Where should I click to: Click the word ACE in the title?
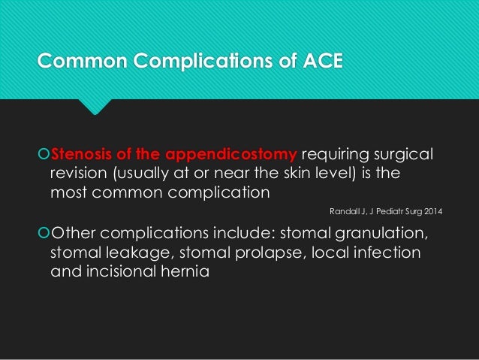click(x=322, y=59)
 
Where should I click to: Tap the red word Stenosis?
click(x=80, y=156)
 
